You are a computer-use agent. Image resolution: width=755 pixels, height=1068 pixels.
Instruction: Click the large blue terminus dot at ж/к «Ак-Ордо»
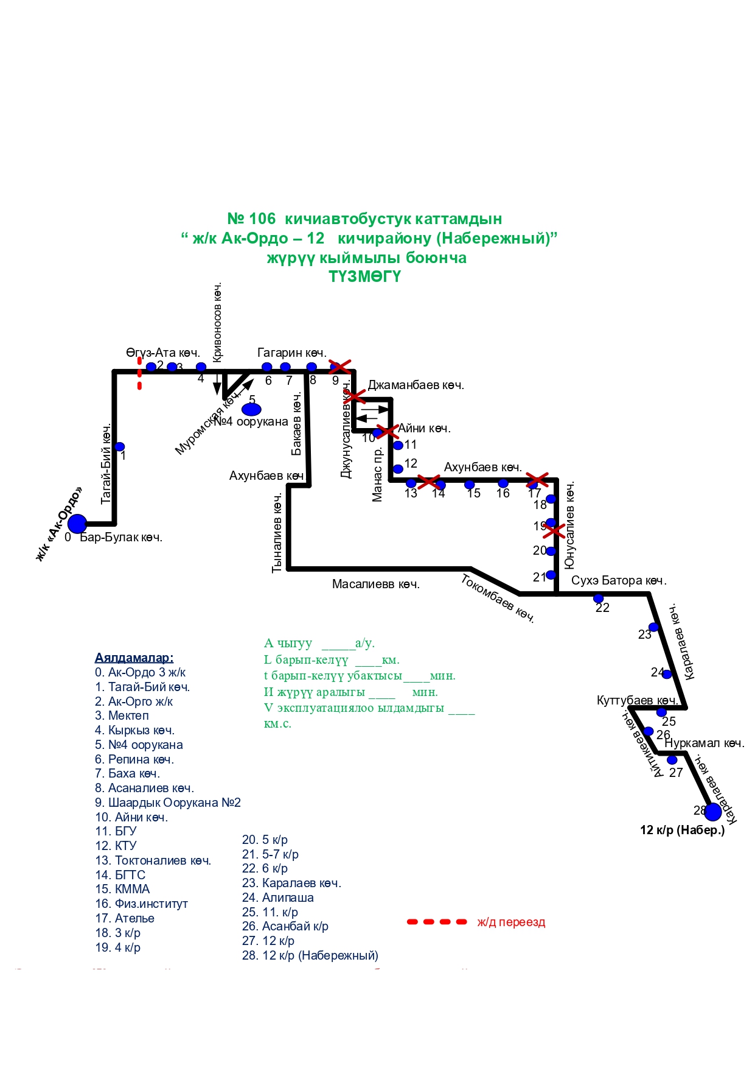pyautogui.click(x=77, y=523)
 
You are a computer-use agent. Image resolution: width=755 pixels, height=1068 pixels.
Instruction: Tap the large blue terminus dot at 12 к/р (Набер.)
pyautogui.click(x=712, y=812)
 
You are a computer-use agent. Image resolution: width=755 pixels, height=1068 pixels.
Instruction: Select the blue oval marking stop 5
pyautogui.click(x=251, y=409)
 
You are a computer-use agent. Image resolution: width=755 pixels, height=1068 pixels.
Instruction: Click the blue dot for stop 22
pyautogui.click(x=598, y=599)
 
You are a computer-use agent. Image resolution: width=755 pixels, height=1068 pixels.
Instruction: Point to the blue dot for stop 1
pyautogui.click(x=120, y=446)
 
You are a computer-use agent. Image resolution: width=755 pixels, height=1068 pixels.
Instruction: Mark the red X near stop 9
pyautogui.click(x=340, y=367)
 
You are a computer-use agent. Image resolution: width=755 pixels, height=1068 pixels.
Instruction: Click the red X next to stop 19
pyautogui.click(x=554, y=530)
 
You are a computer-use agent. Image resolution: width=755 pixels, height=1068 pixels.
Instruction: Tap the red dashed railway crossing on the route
pyautogui.click(x=139, y=373)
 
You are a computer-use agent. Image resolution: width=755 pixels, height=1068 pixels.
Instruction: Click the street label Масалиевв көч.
pyautogui.click(x=375, y=585)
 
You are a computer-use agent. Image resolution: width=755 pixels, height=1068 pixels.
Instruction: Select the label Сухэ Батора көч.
pyautogui.click(x=619, y=581)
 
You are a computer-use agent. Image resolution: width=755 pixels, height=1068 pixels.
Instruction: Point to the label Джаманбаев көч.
pyautogui.click(x=416, y=385)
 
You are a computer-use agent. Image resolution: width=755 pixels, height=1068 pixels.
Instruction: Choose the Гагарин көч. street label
pyautogui.click(x=291, y=353)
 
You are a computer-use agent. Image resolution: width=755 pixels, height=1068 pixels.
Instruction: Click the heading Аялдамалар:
pyautogui.click(x=134, y=658)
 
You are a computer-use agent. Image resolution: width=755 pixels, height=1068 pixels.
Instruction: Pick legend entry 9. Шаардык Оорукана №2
pyautogui.click(x=167, y=803)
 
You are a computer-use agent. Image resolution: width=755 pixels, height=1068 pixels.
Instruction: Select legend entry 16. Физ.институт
pyautogui.click(x=141, y=904)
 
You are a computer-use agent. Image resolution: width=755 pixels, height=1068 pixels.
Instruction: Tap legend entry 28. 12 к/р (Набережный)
pyautogui.click(x=310, y=955)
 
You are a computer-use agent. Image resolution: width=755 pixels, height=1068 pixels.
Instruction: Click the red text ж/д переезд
pyautogui.click(x=511, y=922)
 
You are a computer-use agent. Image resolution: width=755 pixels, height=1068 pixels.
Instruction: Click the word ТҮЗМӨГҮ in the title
pyautogui.click(x=365, y=276)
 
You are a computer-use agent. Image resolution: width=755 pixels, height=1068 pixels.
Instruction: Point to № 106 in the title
pyautogui.click(x=251, y=219)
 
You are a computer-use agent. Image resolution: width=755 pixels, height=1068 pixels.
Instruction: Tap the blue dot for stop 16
pyautogui.click(x=503, y=483)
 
